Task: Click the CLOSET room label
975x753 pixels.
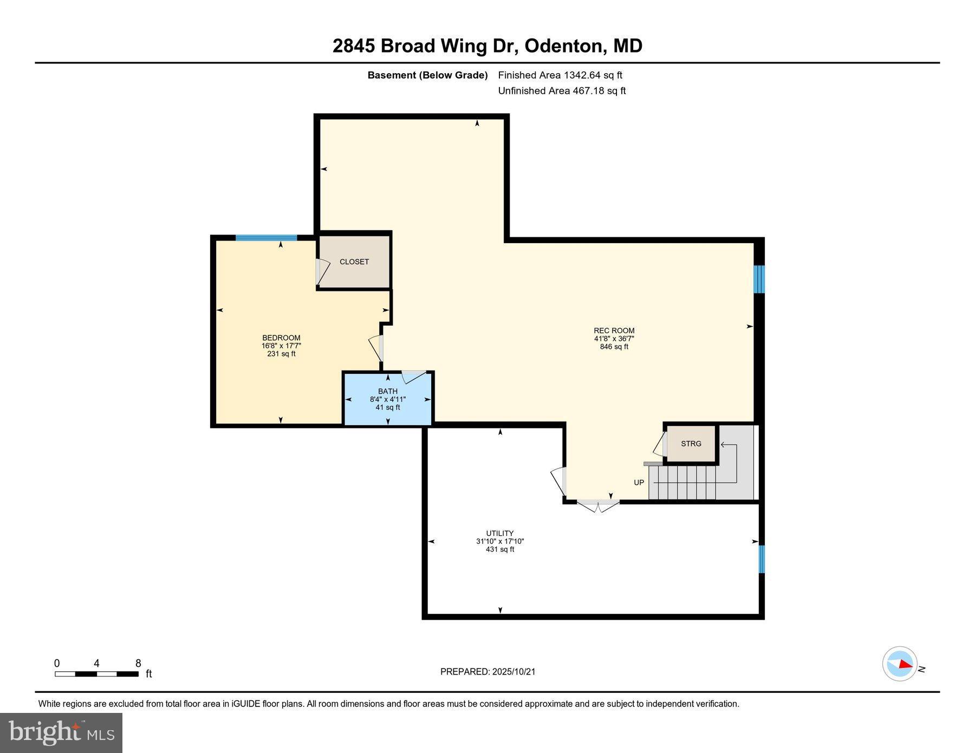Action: click(x=354, y=262)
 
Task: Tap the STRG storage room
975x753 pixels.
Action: click(x=691, y=444)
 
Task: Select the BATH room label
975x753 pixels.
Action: click(x=388, y=391)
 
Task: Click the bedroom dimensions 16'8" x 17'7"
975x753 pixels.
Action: click(x=281, y=346)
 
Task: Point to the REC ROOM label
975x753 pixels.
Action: click(x=614, y=330)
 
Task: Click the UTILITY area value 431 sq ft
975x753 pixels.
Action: click(x=499, y=549)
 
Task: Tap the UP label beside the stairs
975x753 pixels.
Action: click(x=639, y=482)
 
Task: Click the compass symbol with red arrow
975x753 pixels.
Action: click(x=900, y=664)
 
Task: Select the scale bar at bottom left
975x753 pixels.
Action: click(x=96, y=674)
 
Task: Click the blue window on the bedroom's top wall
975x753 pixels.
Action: click(x=266, y=237)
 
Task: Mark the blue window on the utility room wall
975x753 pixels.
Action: click(x=761, y=559)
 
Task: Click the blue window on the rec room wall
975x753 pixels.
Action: click(x=759, y=279)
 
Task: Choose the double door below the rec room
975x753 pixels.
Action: click(x=597, y=506)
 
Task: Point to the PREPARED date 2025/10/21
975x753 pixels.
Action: click(x=487, y=672)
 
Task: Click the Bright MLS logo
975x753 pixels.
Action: click(x=61, y=733)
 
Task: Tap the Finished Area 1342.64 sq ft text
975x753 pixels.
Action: click(x=560, y=75)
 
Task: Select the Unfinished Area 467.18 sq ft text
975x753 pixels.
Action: click(x=562, y=91)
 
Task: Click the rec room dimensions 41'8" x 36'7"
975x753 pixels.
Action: click(x=614, y=339)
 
